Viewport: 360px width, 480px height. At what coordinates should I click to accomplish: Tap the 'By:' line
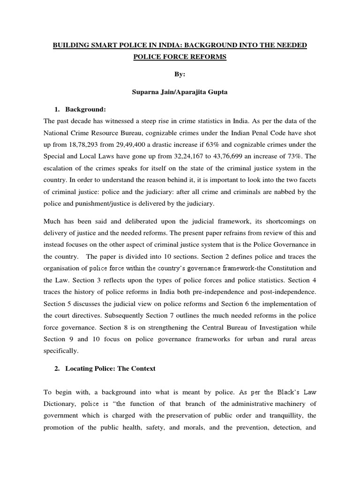pos(180,74)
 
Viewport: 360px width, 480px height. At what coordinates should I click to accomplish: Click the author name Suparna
pos(147,92)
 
